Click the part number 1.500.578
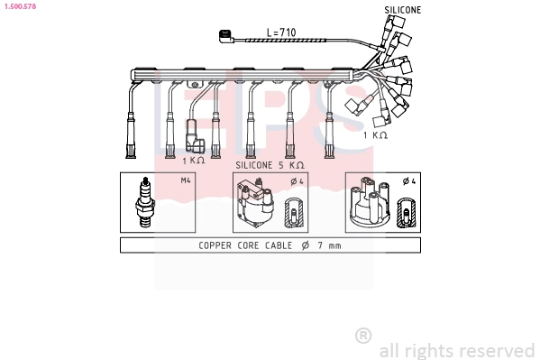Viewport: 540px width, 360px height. coord(20,6)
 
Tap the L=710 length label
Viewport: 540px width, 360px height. coord(281,32)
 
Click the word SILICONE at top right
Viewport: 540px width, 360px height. coord(403,10)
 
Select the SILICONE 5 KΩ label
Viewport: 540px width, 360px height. coord(270,165)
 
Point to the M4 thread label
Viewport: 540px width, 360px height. coord(186,180)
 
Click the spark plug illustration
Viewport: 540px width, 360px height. coord(144,202)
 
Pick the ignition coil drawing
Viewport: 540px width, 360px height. coord(254,202)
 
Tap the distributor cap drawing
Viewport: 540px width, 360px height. coord(370,202)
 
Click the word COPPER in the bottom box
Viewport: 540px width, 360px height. coord(215,245)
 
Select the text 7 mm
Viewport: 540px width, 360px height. coord(329,245)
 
